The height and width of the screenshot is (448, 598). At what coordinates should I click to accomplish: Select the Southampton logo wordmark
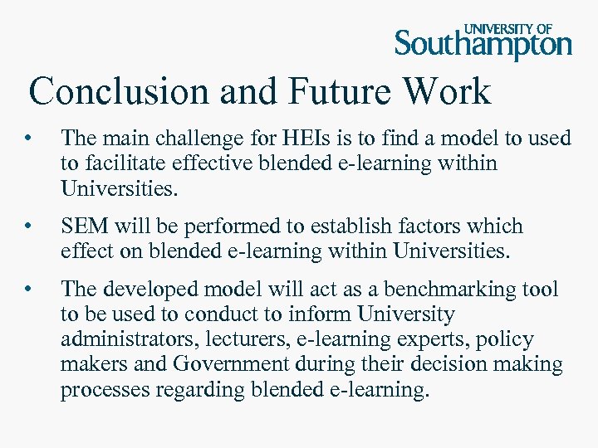pyautogui.click(x=483, y=44)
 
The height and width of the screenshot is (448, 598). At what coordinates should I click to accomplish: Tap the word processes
pyautogui.click(x=104, y=390)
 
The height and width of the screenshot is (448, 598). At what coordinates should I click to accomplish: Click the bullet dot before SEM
pyautogui.click(x=28, y=226)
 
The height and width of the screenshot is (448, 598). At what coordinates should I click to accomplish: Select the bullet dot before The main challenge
pyautogui.click(x=28, y=139)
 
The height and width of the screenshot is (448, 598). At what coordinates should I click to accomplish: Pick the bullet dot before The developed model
pyautogui.click(x=28, y=289)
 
